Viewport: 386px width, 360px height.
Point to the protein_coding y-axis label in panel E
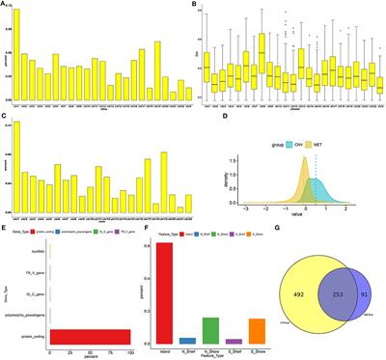coord(31,336)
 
